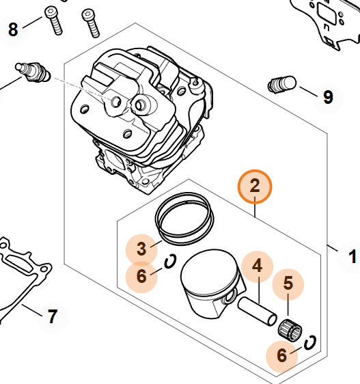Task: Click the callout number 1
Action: pos(352,257)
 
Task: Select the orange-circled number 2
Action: pos(255,186)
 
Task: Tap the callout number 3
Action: pos(141,249)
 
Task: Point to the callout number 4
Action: pos(257,266)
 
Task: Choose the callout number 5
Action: pos(288,283)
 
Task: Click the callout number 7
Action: pos(53,316)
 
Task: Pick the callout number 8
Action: pos(13,29)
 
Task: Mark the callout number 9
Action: pos(328,97)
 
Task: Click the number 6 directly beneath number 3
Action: pos(141,276)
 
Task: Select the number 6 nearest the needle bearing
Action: pos(281,355)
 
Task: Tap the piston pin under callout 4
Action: pos(257,312)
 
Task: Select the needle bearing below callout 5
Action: pos(290,331)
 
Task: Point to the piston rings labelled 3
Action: pos(184,219)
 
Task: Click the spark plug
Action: pos(33,72)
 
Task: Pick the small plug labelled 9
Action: pos(281,85)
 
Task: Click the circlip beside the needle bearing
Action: pos(310,342)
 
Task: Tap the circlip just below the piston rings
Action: pos(170,261)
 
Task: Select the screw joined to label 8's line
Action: pos(53,20)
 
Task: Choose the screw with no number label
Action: pos(91,23)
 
